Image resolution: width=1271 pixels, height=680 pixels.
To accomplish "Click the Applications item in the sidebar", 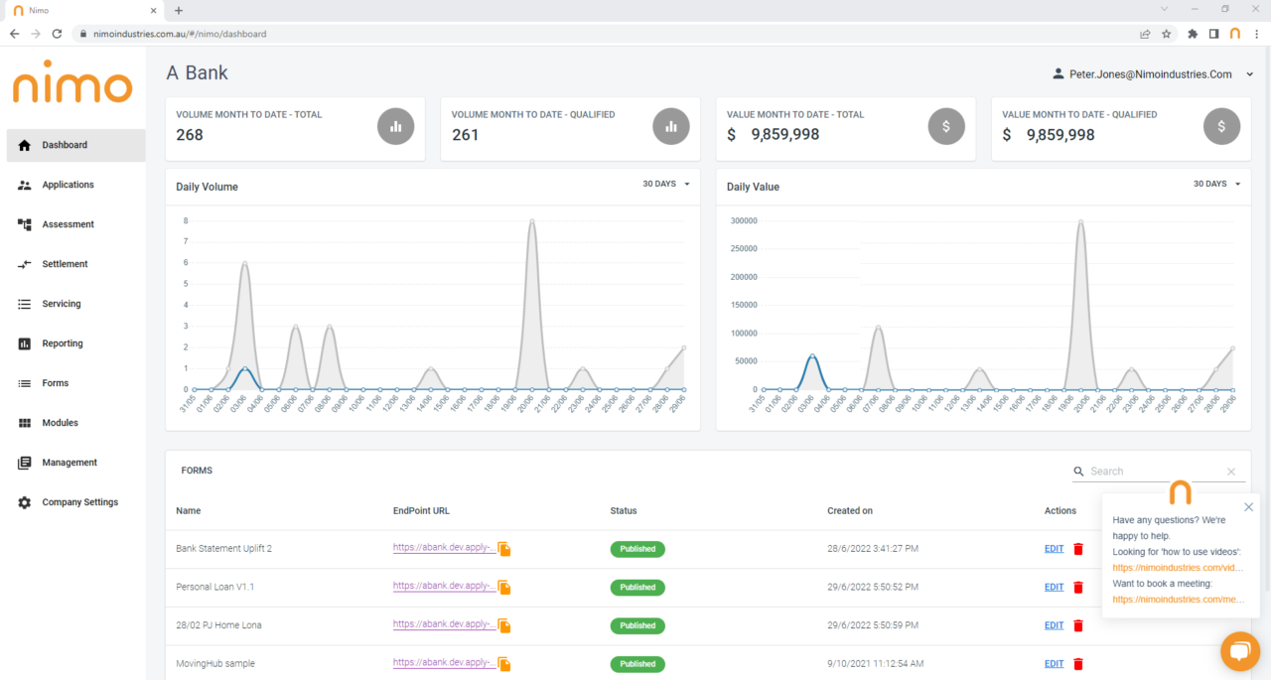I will pos(68,185).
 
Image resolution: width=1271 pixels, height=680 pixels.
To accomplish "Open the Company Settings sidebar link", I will pos(79,502).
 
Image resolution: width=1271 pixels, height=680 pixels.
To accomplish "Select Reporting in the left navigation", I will pos(62,343).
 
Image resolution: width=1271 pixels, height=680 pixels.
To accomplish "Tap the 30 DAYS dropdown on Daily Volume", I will pos(665,184).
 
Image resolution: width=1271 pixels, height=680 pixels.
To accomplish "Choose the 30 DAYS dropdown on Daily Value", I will pos(1216,184).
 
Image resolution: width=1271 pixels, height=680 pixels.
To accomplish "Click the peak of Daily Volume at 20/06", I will pos(532,221).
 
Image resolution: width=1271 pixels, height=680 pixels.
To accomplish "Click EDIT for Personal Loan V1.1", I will pos(1054,588).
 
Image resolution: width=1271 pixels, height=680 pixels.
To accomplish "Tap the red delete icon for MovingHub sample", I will pos(1078,664).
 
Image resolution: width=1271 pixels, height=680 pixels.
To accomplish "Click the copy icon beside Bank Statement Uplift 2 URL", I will pos(504,549).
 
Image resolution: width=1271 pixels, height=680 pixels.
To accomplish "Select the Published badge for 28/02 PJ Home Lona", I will pos(637,625).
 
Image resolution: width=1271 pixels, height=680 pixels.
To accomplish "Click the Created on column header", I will pos(849,511).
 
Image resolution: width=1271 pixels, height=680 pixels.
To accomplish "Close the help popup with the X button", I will pos(1248,507).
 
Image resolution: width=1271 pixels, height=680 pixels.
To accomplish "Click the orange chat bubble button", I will pos(1239,651).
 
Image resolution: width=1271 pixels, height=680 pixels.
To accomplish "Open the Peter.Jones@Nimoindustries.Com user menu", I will pos(1152,74).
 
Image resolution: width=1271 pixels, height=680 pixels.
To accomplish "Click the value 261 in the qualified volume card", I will pos(465,135).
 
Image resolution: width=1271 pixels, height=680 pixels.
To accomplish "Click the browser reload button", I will pos(57,34).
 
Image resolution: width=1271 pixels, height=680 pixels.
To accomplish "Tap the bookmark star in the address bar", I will pos(1167,34).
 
